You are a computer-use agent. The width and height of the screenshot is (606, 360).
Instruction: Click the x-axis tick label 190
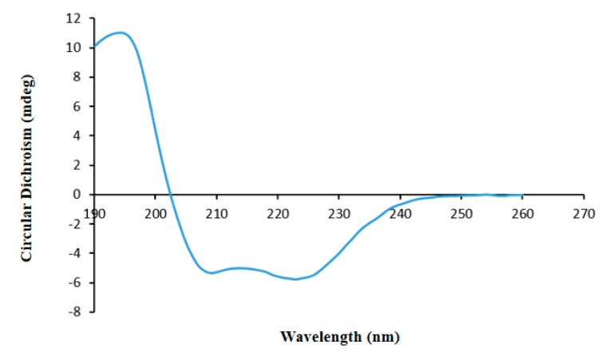coord(94,214)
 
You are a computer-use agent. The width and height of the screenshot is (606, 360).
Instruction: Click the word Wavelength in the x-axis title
coord(319,337)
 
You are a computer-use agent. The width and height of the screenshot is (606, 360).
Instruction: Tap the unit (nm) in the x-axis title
coord(382,337)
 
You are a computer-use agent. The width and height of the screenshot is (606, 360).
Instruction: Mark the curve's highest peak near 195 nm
coord(121,33)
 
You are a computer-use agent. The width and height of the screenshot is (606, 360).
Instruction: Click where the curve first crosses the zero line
coord(169,194)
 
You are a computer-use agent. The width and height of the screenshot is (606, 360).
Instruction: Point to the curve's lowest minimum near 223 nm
coord(296,279)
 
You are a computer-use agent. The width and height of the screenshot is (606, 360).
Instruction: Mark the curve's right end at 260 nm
coord(522,194)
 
